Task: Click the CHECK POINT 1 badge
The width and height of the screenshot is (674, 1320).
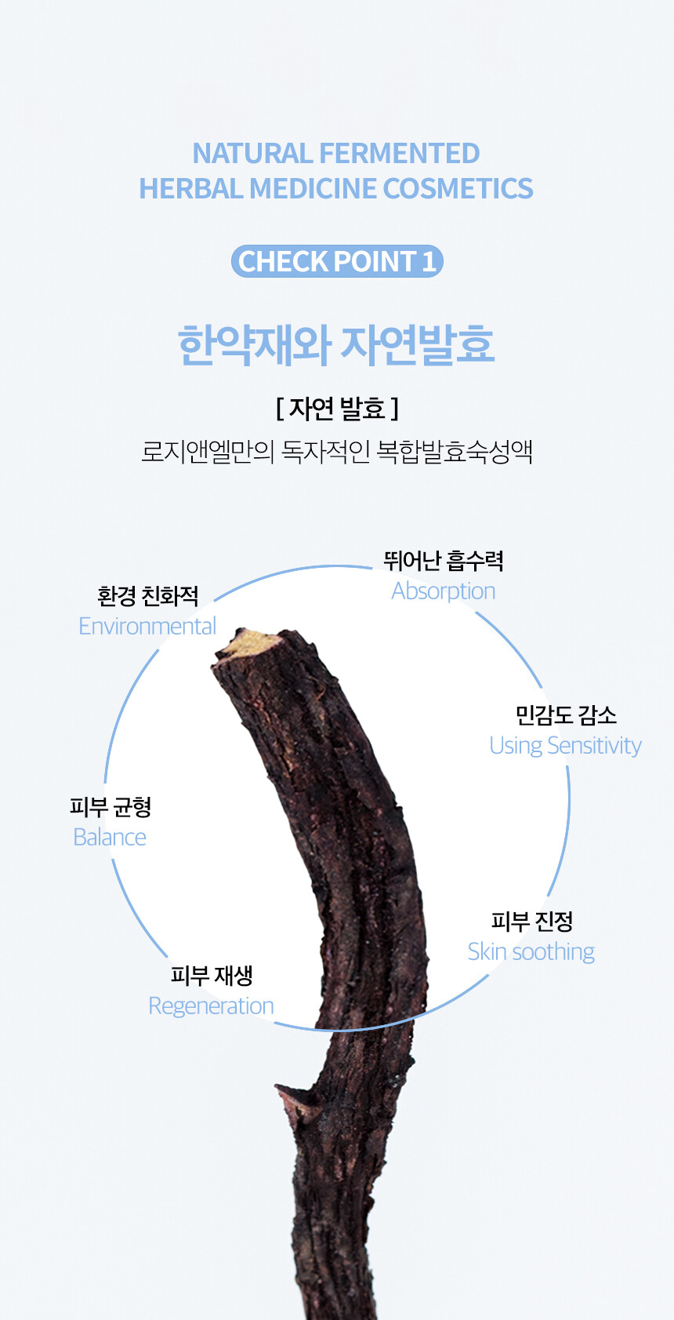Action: coord(337,261)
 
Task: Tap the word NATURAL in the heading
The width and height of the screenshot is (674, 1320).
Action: coord(252,153)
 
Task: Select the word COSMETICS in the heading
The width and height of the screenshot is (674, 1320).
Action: coord(458,188)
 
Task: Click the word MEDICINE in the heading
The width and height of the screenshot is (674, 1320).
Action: coord(313,188)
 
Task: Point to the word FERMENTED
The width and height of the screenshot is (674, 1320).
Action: coord(399,153)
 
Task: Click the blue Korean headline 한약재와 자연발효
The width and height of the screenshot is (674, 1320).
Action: coord(336,345)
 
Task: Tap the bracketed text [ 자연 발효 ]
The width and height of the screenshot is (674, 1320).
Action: coord(337,408)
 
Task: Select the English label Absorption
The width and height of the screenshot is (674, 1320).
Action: coord(444,591)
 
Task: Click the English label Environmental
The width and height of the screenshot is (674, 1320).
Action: coord(147,626)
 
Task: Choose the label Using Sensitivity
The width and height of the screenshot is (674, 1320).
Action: coord(565,745)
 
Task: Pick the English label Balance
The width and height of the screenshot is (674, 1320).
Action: coord(110,837)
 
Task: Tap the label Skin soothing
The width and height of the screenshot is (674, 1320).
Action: coord(531,951)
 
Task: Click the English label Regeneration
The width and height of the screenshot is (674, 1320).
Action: coord(211,1006)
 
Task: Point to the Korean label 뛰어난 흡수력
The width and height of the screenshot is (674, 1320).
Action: coord(444,561)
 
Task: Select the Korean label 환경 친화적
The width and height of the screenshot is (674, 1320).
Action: coord(148,596)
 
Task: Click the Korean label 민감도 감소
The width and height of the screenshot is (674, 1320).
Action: coord(566,715)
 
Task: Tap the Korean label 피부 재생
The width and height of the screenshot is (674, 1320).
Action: coord(212,975)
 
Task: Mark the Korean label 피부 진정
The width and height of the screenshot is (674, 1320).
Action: coord(531,921)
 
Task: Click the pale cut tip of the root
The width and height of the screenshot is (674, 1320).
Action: coord(250,643)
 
